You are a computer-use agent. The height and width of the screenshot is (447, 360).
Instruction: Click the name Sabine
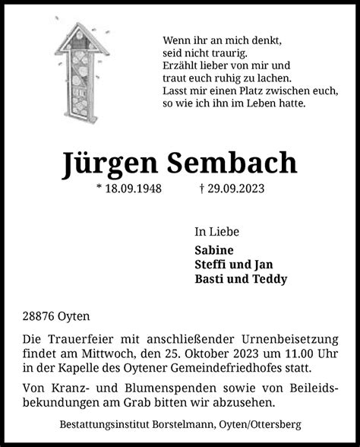(213, 249)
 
